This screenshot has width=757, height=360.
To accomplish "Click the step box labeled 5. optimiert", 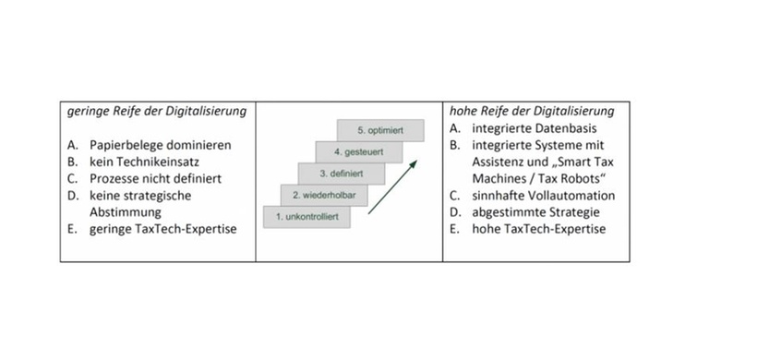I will [381, 131].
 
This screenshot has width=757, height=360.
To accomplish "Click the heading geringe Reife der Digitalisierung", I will [156, 111].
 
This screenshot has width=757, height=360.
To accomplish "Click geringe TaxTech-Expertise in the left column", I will [162, 229].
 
